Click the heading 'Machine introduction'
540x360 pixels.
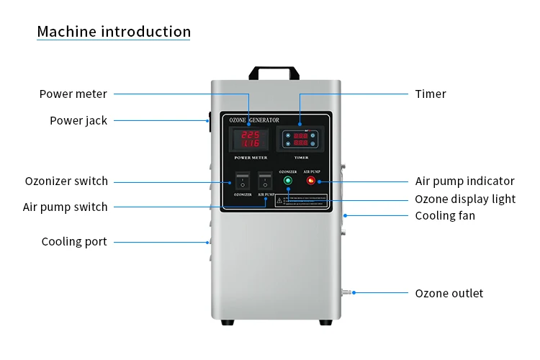point(114,32)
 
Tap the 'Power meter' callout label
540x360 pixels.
point(73,94)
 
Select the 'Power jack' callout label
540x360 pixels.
point(78,120)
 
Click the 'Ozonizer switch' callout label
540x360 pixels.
point(66,181)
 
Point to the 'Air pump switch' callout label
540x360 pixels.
point(65,207)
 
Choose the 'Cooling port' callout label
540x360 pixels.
point(73,241)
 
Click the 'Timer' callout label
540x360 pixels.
point(431,94)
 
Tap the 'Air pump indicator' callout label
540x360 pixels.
point(464,181)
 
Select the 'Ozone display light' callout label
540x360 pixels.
point(465,199)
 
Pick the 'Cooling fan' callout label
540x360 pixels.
point(445,215)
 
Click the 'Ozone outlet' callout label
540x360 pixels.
point(449,293)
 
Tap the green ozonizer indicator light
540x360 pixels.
point(288,181)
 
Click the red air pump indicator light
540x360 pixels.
point(311,181)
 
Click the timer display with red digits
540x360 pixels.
point(301,139)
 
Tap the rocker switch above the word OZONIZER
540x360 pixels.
point(243,181)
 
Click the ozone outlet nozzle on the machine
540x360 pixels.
point(346,292)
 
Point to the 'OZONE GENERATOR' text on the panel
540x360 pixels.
point(258,119)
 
